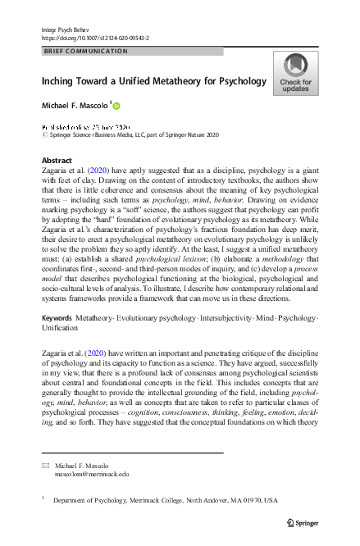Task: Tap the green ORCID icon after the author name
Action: click(116, 106)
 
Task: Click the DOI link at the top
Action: click(96, 37)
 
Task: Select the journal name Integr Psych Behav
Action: click(64, 30)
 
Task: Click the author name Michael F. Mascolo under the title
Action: click(75, 107)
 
